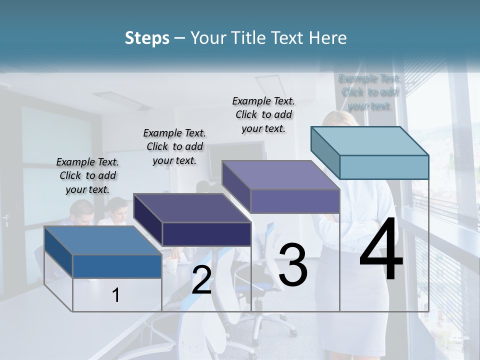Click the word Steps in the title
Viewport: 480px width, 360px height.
pyautogui.click(x=146, y=38)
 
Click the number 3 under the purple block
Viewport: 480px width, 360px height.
pyautogui.click(x=292, y=265)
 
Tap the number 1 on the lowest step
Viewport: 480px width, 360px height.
pyautogui.click(x=116, y=295)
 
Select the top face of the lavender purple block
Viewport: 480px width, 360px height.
pyautogui.click(x=281, y=175)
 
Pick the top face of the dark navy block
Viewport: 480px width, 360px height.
pyautogui.click(x=192, y=208)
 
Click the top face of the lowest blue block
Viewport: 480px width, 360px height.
pyautogui.click(x=103, y=240)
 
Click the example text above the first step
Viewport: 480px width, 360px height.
pyautogui.click(x=87, y=175)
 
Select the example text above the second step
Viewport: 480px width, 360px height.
pyautogui.click(x=174, y=146)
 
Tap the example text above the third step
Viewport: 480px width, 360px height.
pyautogui.click(x=263, y=114)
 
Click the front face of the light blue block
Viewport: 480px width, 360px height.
pyautogui.click(x=384, y=167)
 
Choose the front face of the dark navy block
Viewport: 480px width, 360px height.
pyautogui.click(x=206, y=234)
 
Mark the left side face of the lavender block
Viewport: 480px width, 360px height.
pyautogui.click(x=236, y=186)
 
